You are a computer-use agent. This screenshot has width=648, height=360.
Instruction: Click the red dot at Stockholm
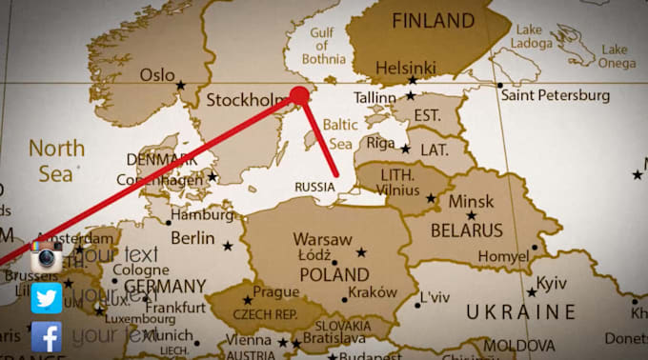click(299, 96)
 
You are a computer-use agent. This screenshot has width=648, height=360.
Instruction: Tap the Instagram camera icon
click(47, 256)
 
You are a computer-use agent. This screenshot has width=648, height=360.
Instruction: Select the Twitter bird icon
click(47, 297)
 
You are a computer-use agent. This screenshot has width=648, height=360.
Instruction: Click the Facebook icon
click(47, 336)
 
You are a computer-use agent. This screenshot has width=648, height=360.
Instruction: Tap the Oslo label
click(157, 74)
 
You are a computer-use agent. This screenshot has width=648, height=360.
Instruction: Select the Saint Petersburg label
click(555, 95)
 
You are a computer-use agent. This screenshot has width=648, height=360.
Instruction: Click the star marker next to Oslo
click(180, 86)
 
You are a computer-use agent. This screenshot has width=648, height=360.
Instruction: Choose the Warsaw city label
click(322, 239)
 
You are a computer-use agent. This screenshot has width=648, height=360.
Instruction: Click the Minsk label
click(471, 202)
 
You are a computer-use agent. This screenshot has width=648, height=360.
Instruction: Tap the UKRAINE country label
click(520, 311)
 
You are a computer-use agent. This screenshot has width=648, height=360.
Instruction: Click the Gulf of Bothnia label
click(320, 46)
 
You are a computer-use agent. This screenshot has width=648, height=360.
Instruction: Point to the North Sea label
click(54, 160)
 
